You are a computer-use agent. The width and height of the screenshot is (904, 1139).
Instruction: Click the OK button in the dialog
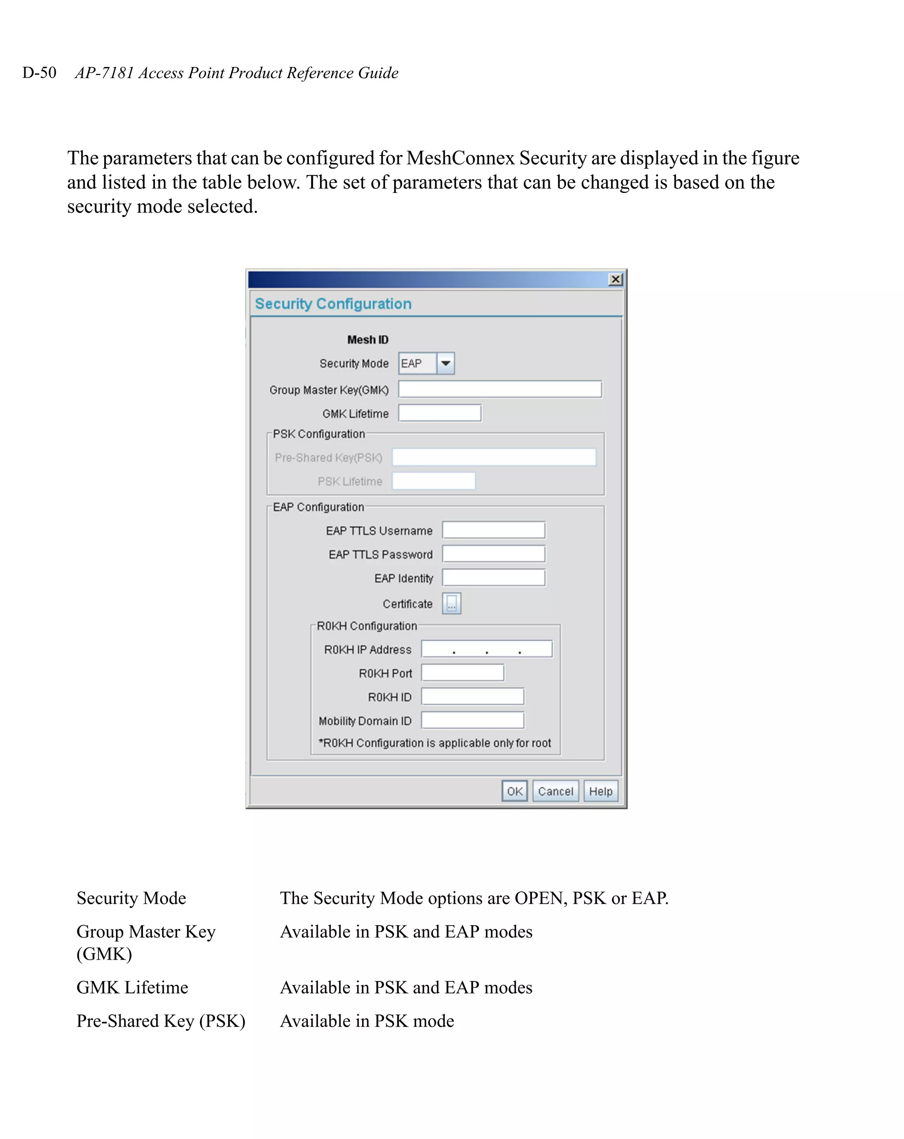[514, 791]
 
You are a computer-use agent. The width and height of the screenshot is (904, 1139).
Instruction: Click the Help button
[600, 791]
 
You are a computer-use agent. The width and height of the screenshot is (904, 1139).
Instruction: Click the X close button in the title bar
[615, 280]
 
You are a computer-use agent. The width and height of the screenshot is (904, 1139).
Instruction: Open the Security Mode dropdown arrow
[445, 363]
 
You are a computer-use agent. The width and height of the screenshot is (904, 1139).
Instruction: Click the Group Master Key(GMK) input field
[500, 390]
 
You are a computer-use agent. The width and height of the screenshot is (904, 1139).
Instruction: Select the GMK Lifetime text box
[439, 413]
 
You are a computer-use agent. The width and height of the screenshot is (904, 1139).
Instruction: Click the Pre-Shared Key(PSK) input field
[494, 457]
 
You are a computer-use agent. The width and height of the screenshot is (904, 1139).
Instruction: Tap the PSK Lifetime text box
[433, 481]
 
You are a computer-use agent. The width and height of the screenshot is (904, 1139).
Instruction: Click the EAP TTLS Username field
[493, 530]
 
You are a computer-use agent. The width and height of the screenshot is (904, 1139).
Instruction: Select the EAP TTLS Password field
[493, 554]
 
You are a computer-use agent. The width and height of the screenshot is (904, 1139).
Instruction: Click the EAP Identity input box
[493, 577]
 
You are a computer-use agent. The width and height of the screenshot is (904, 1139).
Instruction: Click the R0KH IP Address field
[486, 649]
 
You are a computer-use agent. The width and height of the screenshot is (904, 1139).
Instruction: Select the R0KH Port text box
[463, 673]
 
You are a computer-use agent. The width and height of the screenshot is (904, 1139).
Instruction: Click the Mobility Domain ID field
[472, 720]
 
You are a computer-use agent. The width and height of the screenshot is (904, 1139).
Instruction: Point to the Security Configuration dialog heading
[333, 304]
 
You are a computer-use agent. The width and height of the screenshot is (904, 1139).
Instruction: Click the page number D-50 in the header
[39, 72]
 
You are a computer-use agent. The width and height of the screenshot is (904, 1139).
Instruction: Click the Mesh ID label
[368, 340]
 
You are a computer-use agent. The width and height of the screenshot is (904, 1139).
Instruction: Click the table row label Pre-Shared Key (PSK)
[161, 1021]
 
